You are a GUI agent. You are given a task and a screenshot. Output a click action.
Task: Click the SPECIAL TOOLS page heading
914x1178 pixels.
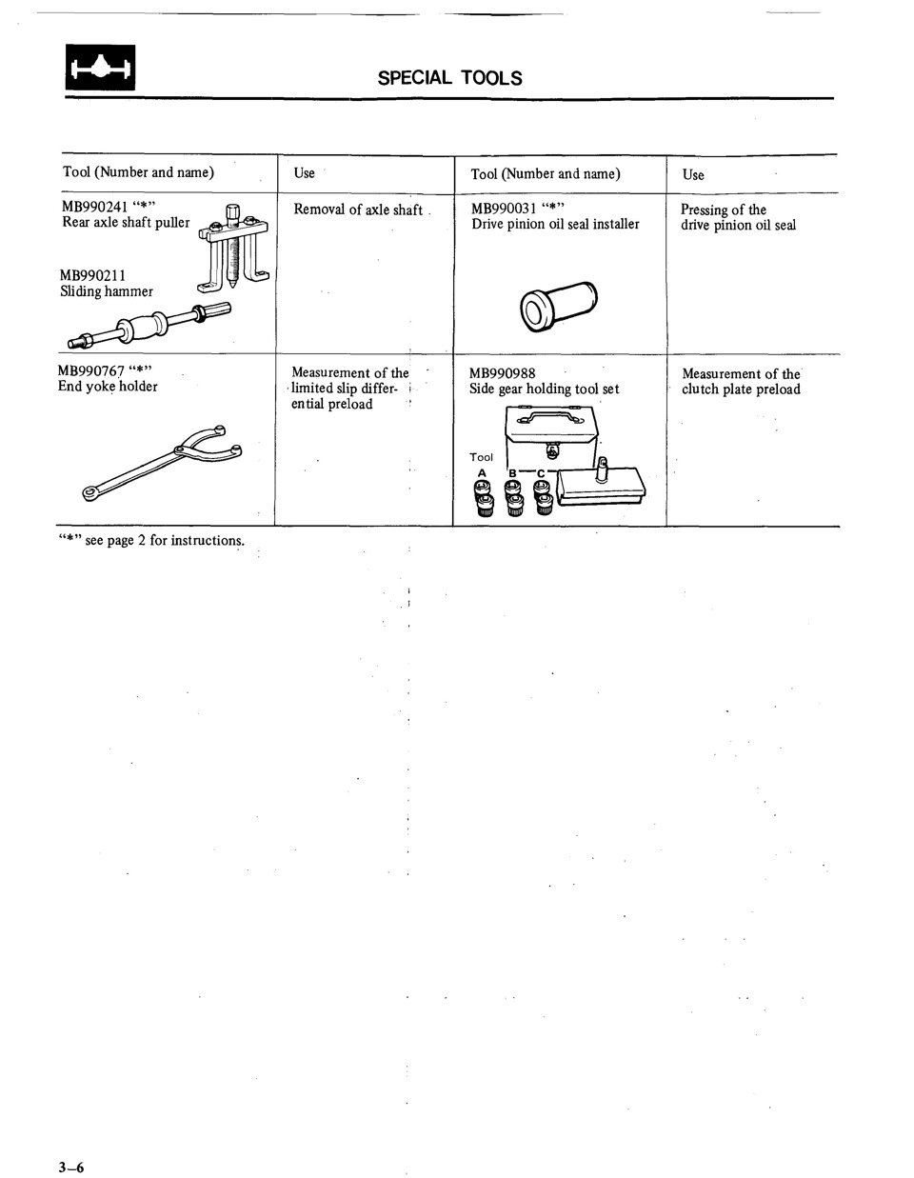pyautogui.click(x=449, y=78)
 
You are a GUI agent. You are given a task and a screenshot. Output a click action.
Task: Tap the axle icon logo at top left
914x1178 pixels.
pyautogui.click(x=100, y=69)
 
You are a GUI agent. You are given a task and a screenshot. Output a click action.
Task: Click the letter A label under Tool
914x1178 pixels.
pyautogui.click(x=482, y=473)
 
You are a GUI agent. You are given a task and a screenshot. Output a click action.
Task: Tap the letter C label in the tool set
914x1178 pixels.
pyautogui.click(x=541, y=473)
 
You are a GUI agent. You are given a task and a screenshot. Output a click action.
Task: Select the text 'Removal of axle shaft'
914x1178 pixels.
pyautogui.click(x=358, y=210)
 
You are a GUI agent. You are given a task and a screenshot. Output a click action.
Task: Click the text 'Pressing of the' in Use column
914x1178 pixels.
pyautogui.click(x=723, y=210)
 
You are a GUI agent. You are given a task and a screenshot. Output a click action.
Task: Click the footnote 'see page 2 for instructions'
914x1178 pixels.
pyautogui.click(x=164, y=540)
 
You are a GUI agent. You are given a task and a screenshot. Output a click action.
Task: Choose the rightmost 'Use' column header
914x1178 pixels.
pyautogui.click(x=693, y=174)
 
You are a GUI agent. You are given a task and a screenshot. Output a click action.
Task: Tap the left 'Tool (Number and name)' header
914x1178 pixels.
pyautogui.click(x=138, y=172)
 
